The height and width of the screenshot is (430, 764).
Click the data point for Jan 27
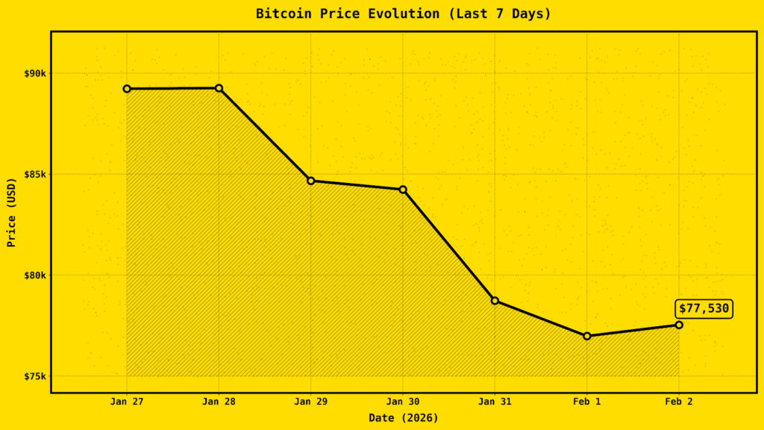point(127,89)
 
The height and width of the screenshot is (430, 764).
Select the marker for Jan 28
point(219,88)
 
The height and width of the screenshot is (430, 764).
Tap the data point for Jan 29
point(311,181)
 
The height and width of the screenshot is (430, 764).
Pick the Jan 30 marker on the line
point(403,190)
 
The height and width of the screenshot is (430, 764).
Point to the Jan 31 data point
point(495,301)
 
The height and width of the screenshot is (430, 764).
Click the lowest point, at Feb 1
point(587,336)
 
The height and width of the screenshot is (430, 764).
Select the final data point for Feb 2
point(679,325)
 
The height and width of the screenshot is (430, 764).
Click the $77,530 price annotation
point(704,308)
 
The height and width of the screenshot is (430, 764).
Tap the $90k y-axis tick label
point(34,73)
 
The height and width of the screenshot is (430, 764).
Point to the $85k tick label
point(34,174)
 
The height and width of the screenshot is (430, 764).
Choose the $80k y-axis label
point(34,275)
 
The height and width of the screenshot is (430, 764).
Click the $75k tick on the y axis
point(34,376)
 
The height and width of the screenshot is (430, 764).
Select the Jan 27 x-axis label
point(127,402)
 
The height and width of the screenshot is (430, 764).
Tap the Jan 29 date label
point(311,402)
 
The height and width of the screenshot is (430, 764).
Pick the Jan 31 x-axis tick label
point(495,402)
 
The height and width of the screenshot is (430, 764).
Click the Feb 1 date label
point(587,402)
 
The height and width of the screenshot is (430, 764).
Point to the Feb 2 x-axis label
point(679,402)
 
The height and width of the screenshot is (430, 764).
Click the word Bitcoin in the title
point(281,13)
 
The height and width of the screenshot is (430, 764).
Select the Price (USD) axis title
point(11,212)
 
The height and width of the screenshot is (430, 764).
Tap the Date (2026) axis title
point(403,418)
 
